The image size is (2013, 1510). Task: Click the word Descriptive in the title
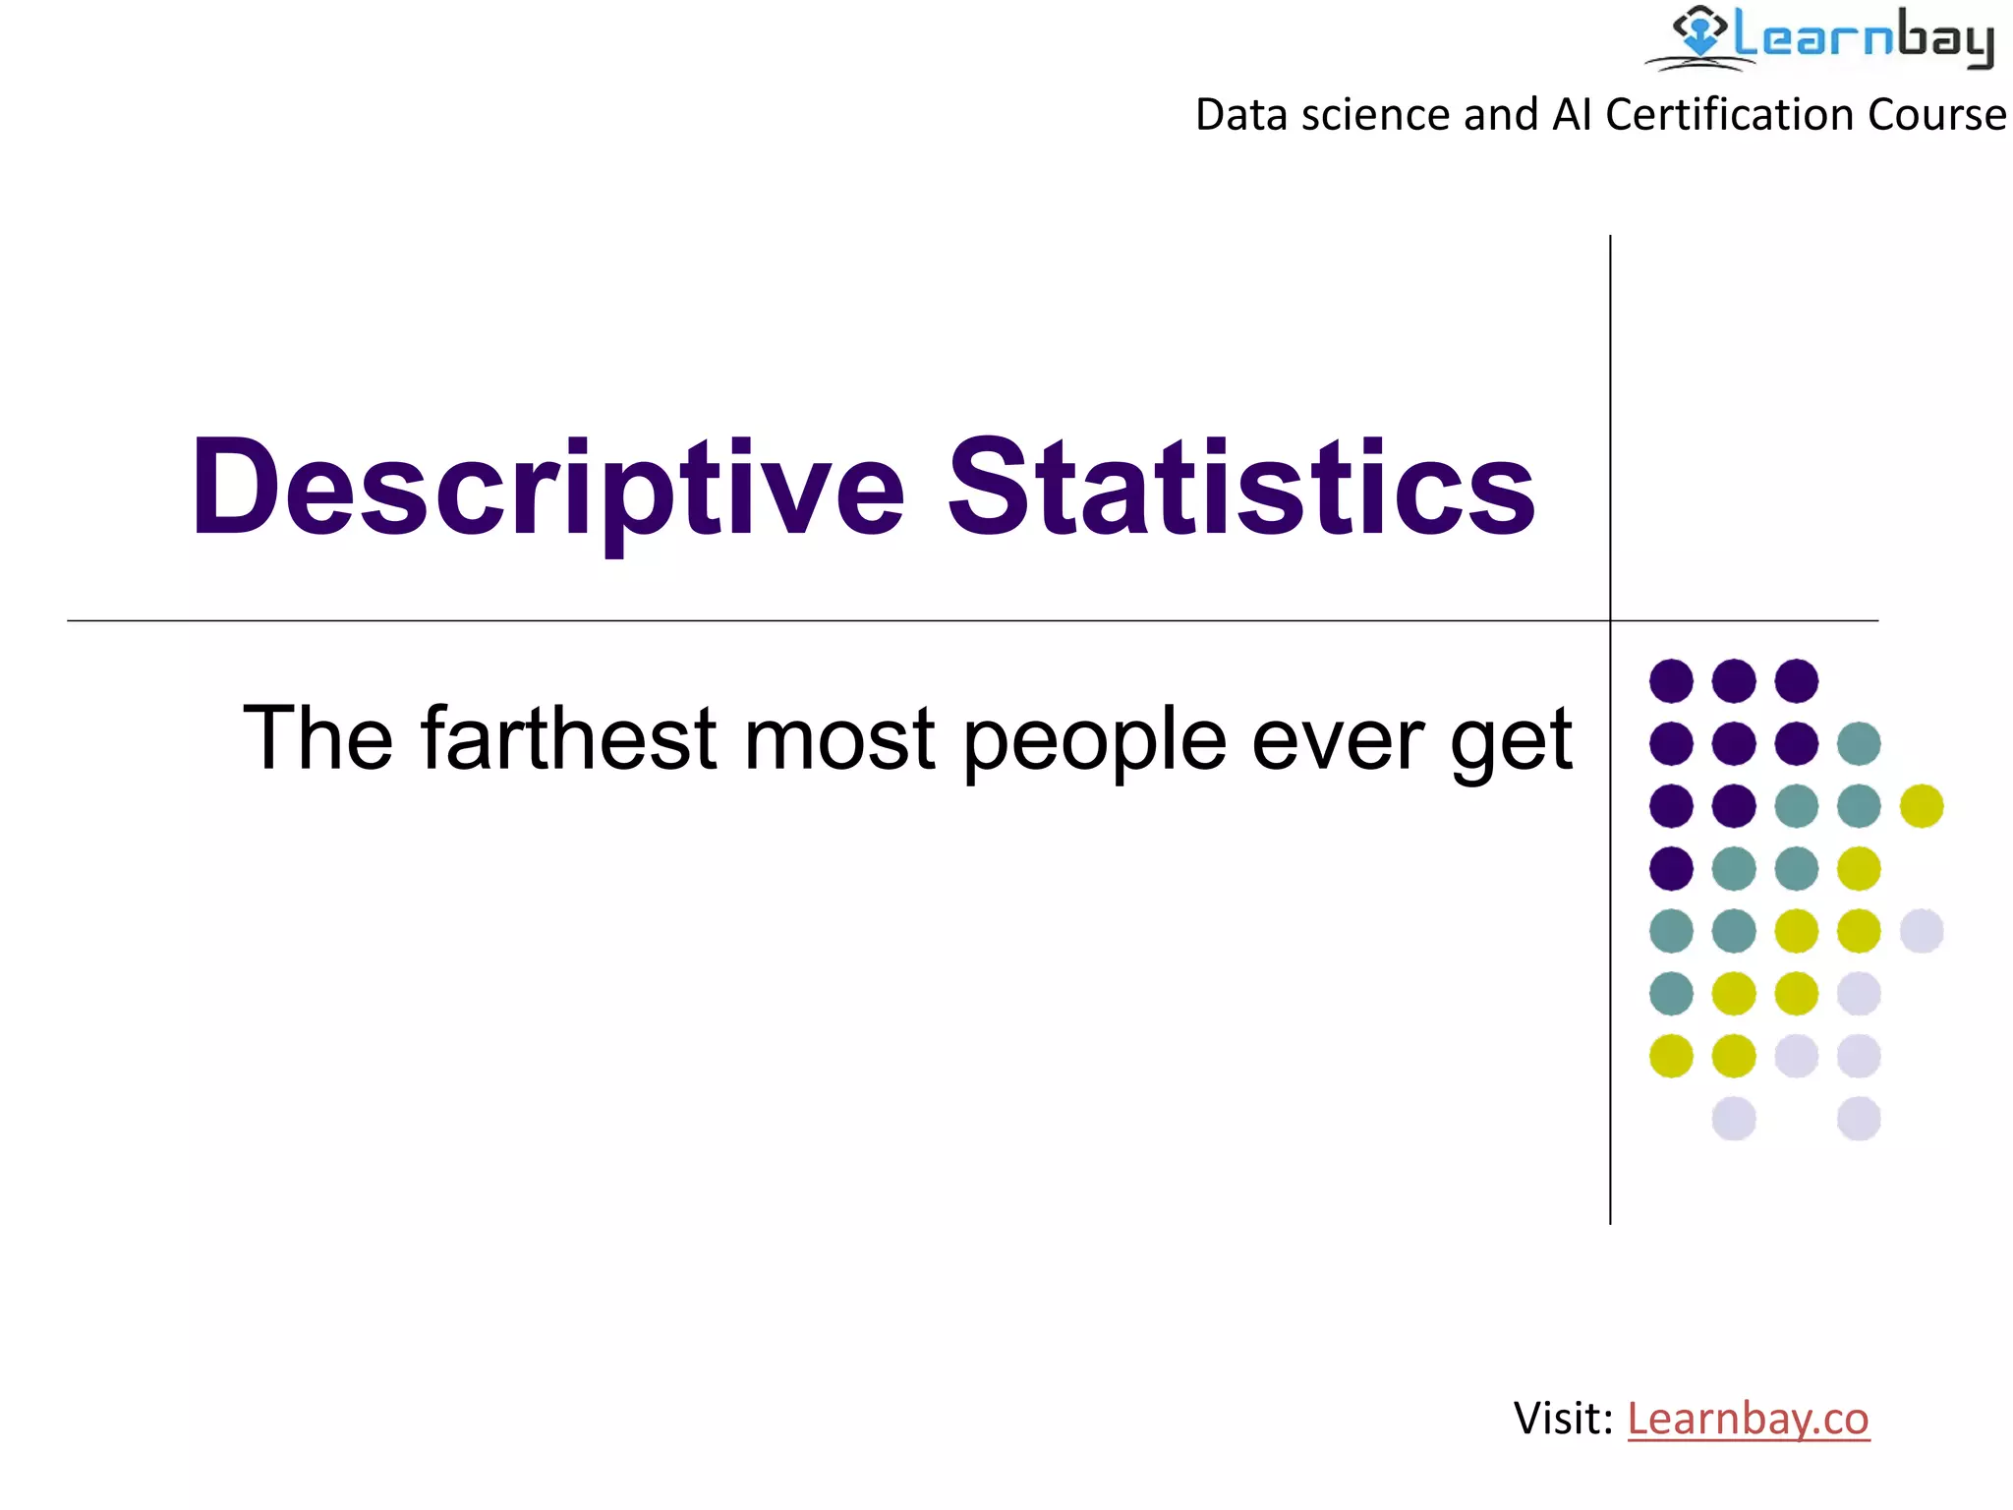[x=546, y=489]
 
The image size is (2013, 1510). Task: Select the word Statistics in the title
[x=1240, y=489]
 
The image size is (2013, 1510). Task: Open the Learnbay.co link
[x=1748, y=1419]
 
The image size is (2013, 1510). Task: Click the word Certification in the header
[x=1731, y=115]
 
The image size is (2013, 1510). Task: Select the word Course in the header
[x=1936, y=115]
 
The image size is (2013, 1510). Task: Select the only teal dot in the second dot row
[x=1859, y=743]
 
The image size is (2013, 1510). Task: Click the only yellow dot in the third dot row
[x=1922, y=806]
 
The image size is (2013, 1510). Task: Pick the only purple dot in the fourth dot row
[x=1671, y=868]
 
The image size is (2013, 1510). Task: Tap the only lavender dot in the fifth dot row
[x=1922, y=931]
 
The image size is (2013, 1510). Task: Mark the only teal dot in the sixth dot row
[x=1671, y=993]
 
